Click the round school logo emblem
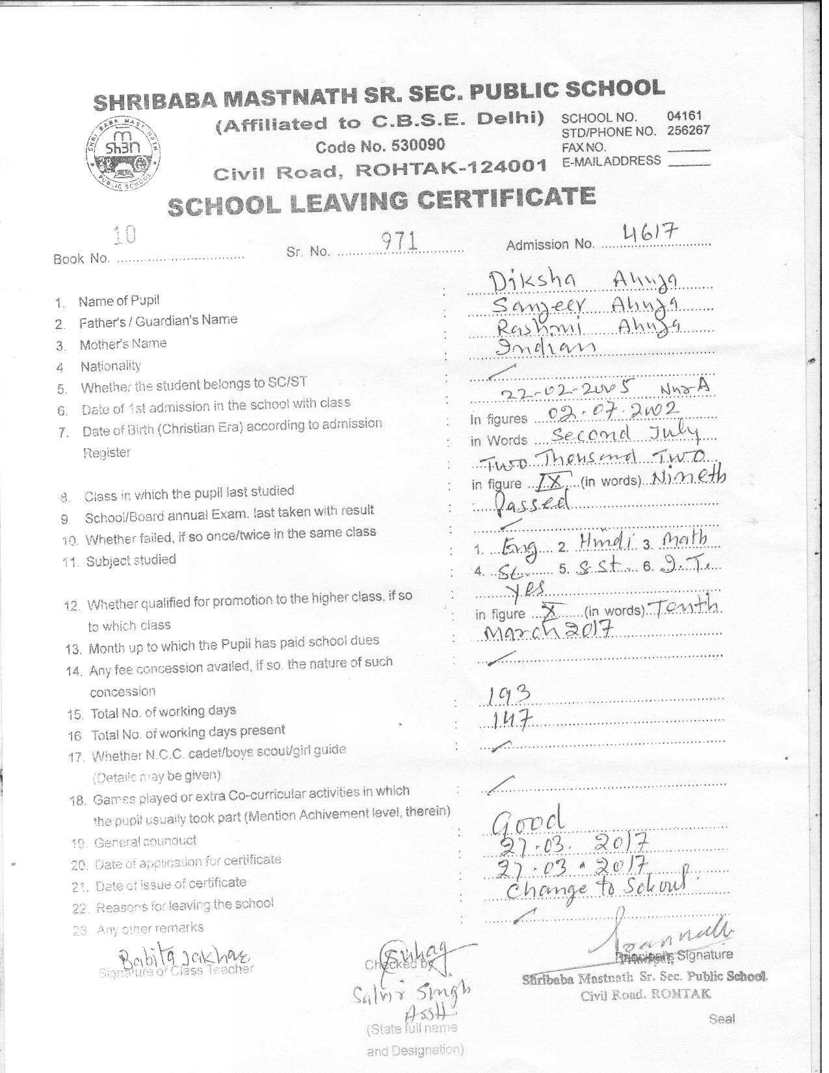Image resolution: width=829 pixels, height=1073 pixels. pos(124,150)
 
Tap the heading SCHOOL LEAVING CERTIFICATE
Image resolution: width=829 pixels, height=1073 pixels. pos(381,201)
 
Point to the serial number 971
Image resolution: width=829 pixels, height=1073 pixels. pos(398,242)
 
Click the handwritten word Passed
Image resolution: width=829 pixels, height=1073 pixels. pos(533,502)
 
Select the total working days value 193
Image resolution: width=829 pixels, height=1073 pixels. pos(510,696)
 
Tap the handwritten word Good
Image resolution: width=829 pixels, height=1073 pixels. pos(528,823)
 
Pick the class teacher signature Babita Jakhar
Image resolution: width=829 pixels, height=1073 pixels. pos(183,955)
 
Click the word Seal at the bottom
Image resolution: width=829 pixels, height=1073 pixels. pos(722,1019)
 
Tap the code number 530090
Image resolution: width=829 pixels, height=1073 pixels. pos(380,146)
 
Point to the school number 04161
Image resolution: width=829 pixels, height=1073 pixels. pos(684,116)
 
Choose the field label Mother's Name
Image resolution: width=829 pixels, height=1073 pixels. pos(123,344)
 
